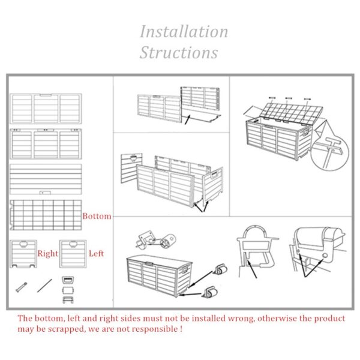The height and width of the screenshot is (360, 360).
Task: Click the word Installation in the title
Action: pyautogui.click(x=184, y=31)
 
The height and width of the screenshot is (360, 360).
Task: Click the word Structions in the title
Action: pyautogui.click(x=179, y=52)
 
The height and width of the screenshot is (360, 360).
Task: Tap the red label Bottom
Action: pyautogui.click(x=97, y=216)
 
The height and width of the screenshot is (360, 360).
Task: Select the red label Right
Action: pyautogui.click(x=48, y=254)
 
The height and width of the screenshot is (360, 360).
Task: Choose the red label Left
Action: pyautogui.click(x=96, y=254)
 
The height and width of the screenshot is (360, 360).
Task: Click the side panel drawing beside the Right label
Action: pyautogui.click(x=23, y=254)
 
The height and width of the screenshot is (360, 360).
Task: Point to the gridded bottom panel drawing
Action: pyautogui.click(x=46, y=215)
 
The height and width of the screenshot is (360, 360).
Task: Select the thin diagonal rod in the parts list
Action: pyautogui.click(x=44, y=284)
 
